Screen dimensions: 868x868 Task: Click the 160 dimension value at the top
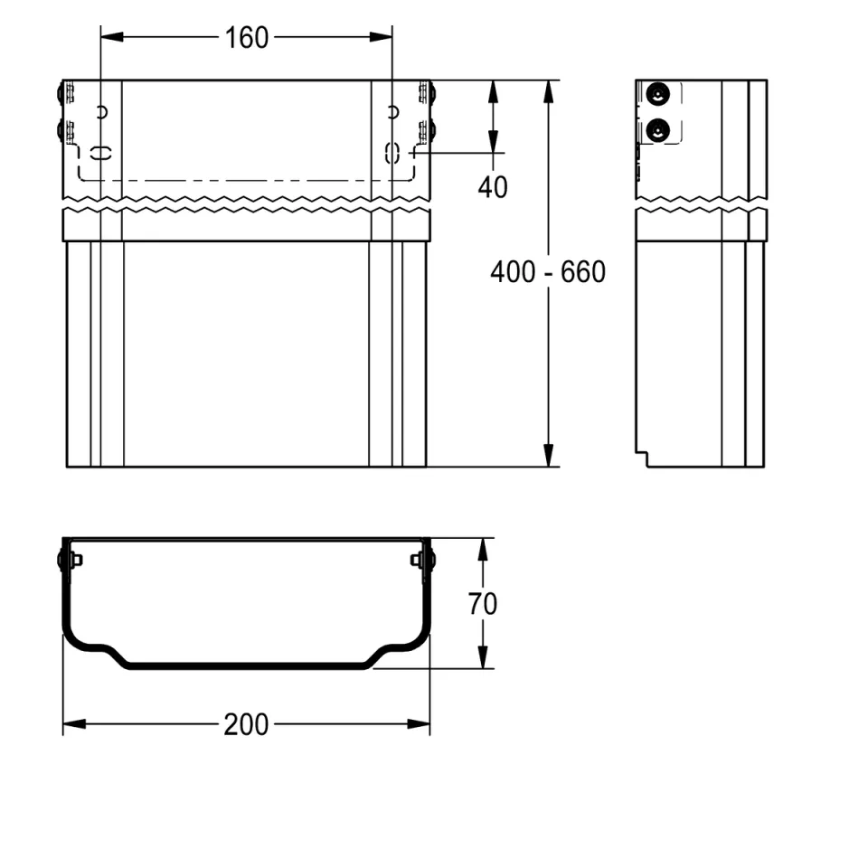click(246, 38)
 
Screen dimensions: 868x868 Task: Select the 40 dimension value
click(493, 187)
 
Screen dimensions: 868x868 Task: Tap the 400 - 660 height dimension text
click(548, 272)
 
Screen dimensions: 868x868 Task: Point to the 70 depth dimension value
click(483, 603)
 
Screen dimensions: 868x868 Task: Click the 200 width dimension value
click(246, 724)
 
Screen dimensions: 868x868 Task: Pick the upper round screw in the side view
click(657, 94)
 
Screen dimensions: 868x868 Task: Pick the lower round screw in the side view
click(657, 130)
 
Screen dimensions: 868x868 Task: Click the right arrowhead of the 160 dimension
click(381, 37)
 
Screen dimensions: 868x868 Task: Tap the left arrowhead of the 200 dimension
click(74, 724)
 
